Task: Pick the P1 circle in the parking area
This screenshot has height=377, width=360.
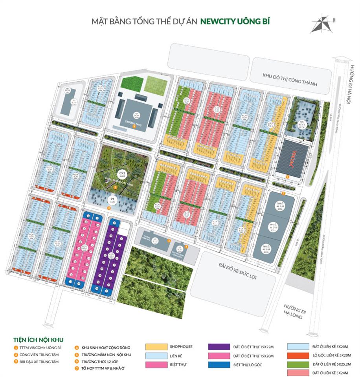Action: click(x=112, y=200)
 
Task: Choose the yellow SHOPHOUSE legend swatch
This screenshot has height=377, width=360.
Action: click(x=155, y=347)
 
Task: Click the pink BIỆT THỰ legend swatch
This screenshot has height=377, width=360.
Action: click(x=155, y=365)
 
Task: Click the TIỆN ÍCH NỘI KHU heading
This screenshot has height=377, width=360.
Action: click(x=38, y=339)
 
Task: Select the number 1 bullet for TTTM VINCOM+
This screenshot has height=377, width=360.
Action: click(x=16, y=348)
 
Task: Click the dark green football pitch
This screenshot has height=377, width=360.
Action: click(x=127, y=83)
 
